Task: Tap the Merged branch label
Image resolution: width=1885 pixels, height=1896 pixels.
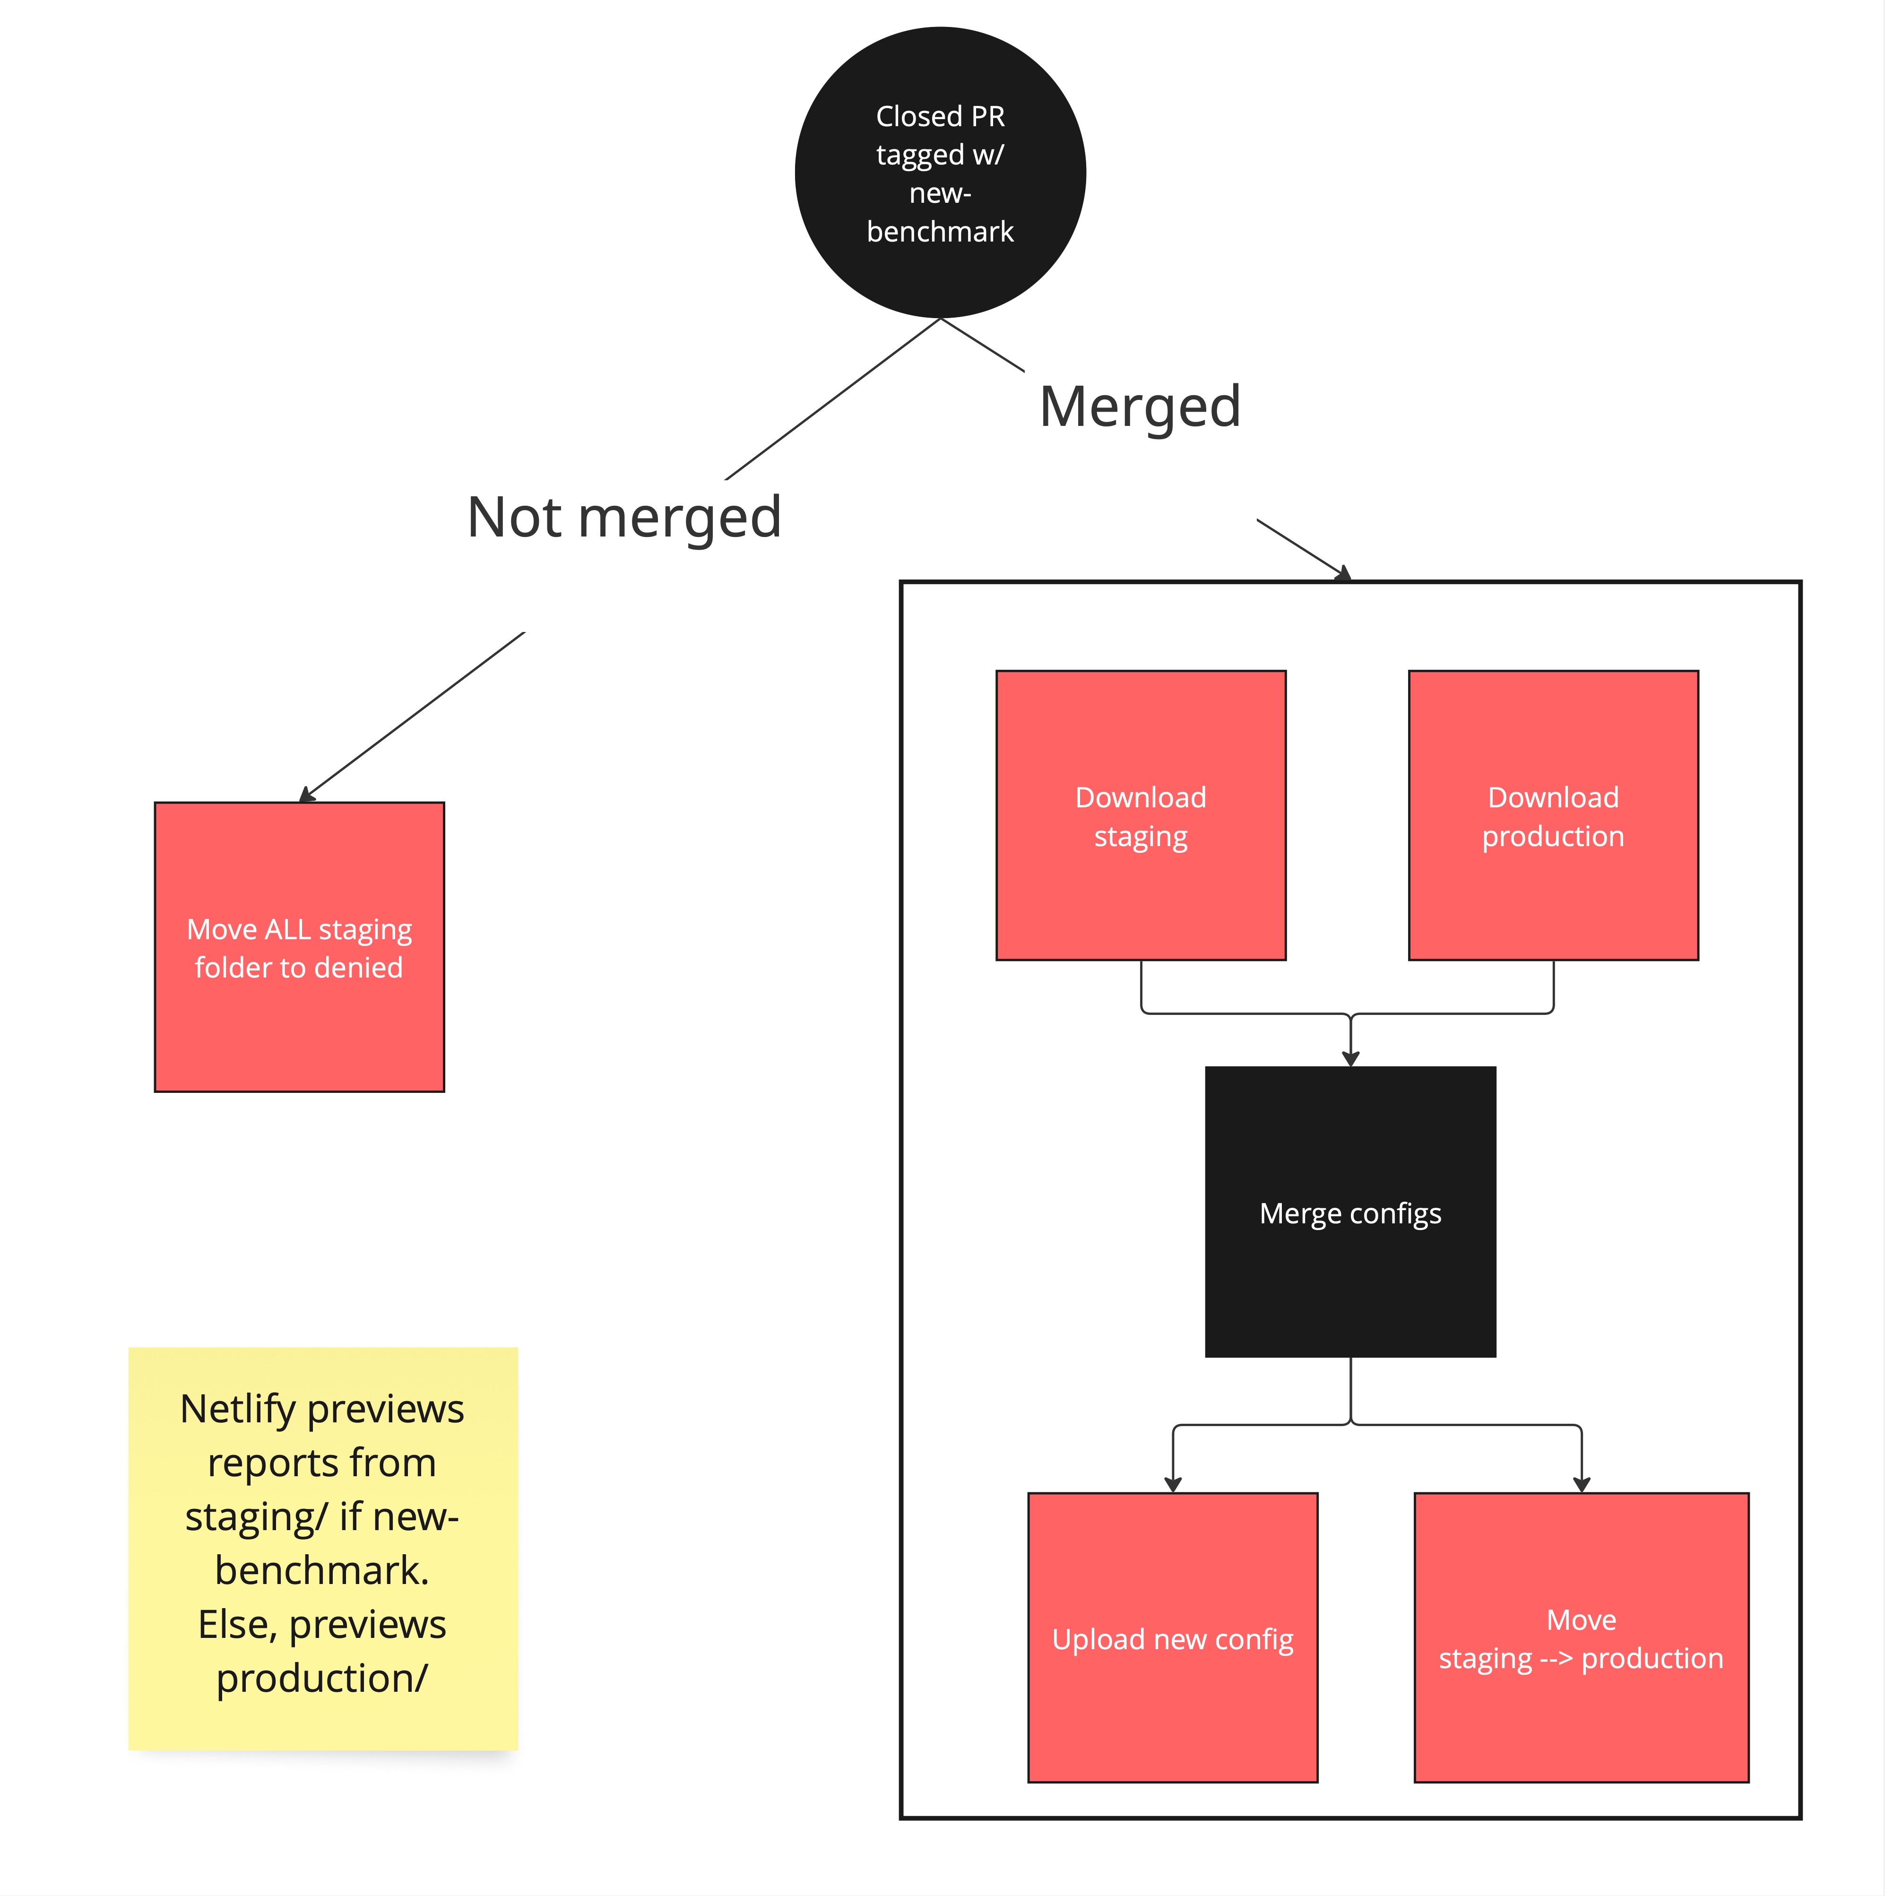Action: [1139, 407]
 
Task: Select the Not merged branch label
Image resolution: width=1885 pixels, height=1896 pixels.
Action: [624, 517]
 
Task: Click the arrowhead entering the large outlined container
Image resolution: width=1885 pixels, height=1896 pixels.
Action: [1342, 574]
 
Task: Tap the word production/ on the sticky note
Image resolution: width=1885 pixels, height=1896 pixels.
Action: [322, 1678]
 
